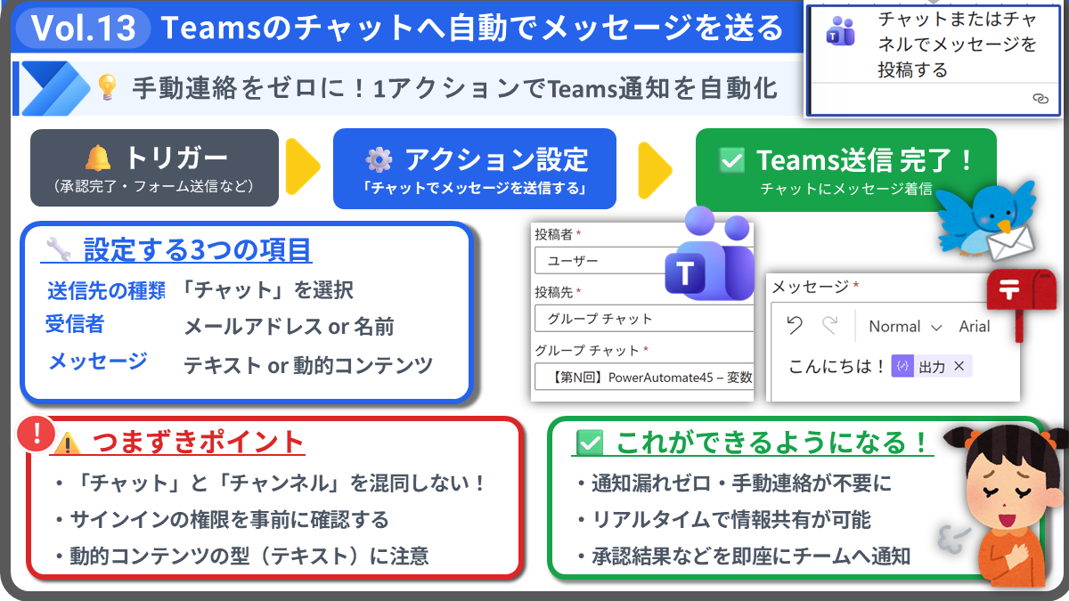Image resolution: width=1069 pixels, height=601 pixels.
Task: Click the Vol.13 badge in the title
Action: point(84,28)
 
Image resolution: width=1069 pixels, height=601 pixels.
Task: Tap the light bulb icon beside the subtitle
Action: point(107,87)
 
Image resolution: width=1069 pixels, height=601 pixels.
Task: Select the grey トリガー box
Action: point(154,167)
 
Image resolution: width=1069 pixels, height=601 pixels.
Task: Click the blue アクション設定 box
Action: point(475,167)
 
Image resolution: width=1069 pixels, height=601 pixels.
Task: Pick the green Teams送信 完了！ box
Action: point(845,167)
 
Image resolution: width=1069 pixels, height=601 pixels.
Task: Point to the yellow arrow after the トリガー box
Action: point(303,167)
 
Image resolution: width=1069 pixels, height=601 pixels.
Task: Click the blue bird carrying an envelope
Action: point(985,218)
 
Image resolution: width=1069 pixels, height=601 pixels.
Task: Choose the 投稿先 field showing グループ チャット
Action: point(641,319)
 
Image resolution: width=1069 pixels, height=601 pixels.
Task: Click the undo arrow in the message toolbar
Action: point(795,326)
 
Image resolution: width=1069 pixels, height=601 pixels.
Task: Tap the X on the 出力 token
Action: point(959,366)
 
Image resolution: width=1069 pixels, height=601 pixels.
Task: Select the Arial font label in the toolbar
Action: point(975,327)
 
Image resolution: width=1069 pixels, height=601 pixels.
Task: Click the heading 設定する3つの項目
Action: point(197,250)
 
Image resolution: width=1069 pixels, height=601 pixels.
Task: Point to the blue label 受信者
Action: point(75,325)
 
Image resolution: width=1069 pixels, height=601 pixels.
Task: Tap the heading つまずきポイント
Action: point(199,442)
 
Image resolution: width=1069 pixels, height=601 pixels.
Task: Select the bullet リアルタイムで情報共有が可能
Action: point(730,520)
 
